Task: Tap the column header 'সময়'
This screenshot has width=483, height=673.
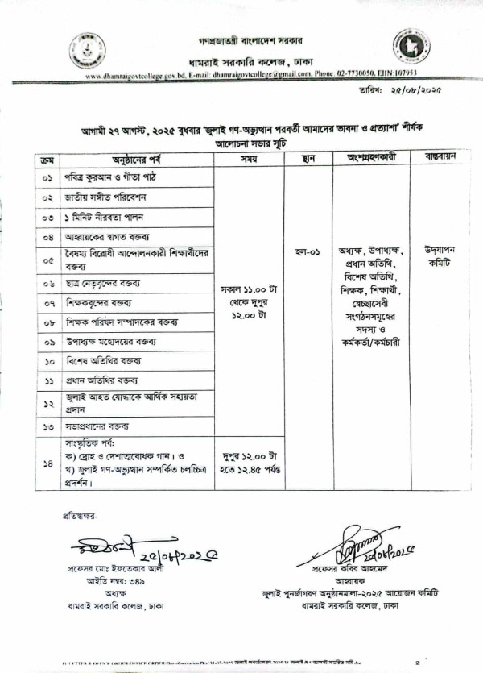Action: pos(247,159)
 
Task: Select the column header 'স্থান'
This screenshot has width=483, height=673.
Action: pos(308,159)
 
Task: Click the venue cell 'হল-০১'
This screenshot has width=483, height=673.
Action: pos(307,251)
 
